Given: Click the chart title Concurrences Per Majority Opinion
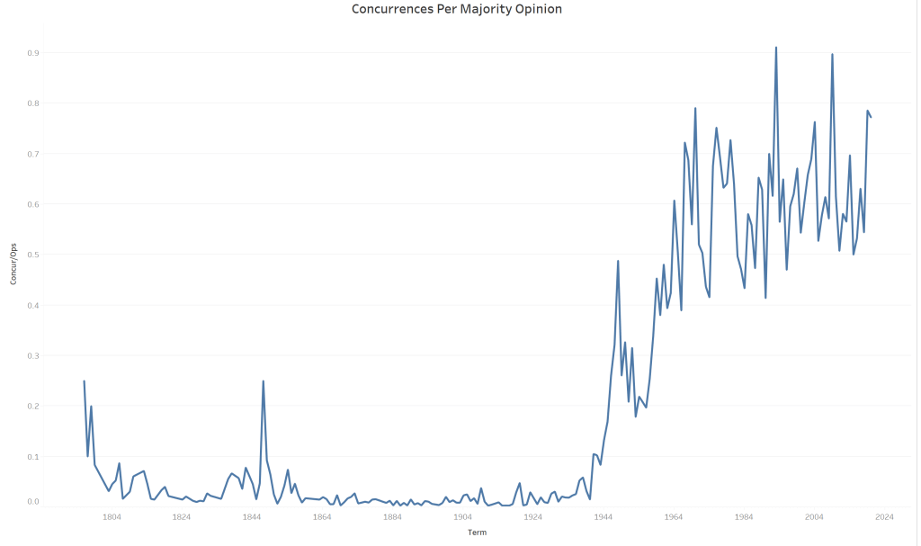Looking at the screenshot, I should (x=456, y=10).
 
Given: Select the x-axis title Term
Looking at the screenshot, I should (x=478, y=533).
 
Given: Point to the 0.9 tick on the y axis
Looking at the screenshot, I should (x=32, y=53).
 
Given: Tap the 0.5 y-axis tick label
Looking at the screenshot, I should (x=32, y=255).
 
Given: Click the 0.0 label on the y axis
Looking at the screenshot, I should (x=32, y=502).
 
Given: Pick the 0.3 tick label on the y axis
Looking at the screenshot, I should (x=32, y=355).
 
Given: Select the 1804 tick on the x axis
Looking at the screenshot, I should (x=112, y=517).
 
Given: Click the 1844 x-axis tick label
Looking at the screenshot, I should (x=252, y=517).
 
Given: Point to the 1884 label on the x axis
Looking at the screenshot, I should (x=392, y=517).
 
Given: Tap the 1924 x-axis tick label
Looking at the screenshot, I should (x=532, y=517).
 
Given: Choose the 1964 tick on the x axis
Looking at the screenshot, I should (x=673, y=517).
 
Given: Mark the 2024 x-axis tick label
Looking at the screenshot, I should (x=884, y=517).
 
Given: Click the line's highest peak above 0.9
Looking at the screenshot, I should (x=775, y=48).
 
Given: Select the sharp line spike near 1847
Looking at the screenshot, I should (x=263, y=381).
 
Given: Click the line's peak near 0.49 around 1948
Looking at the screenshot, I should (x=618, y=261).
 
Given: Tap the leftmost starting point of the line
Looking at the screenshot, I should (x=84, y=381).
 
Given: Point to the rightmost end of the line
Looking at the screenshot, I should (x=871, y=117).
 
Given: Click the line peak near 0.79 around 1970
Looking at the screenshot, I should (x=695, y=108).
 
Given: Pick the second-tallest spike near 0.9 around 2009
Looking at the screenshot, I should (x=832, y=54).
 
